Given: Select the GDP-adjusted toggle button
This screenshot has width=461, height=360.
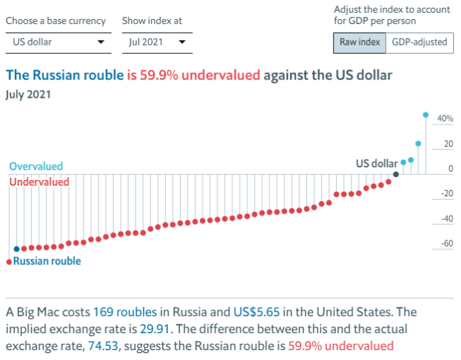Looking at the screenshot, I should tap(420, 42).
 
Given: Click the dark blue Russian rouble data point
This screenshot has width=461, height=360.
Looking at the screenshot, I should tap(16, 249).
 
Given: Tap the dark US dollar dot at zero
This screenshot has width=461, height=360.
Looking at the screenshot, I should tap(396, 174).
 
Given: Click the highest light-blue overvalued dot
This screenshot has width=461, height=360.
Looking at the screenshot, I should tap(426, 114).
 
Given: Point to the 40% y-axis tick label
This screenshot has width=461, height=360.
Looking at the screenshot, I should tap(445, 119).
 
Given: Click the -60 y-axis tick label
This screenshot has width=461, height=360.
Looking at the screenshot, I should tap(447, 244).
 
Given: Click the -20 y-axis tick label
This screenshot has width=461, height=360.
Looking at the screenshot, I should tap(447, 193).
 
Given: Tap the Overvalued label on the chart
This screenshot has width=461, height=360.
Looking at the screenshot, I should tap(36, 167).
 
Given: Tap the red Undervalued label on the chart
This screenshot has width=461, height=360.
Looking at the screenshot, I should tap(39, 182).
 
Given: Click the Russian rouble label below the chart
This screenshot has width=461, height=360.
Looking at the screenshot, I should tap(47, 261).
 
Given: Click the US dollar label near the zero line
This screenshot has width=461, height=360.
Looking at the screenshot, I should tap(376, 164).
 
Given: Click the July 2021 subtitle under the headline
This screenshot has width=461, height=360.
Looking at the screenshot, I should tap(29, 93).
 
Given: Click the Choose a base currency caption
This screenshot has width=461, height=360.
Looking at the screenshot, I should tap(56, 21).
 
